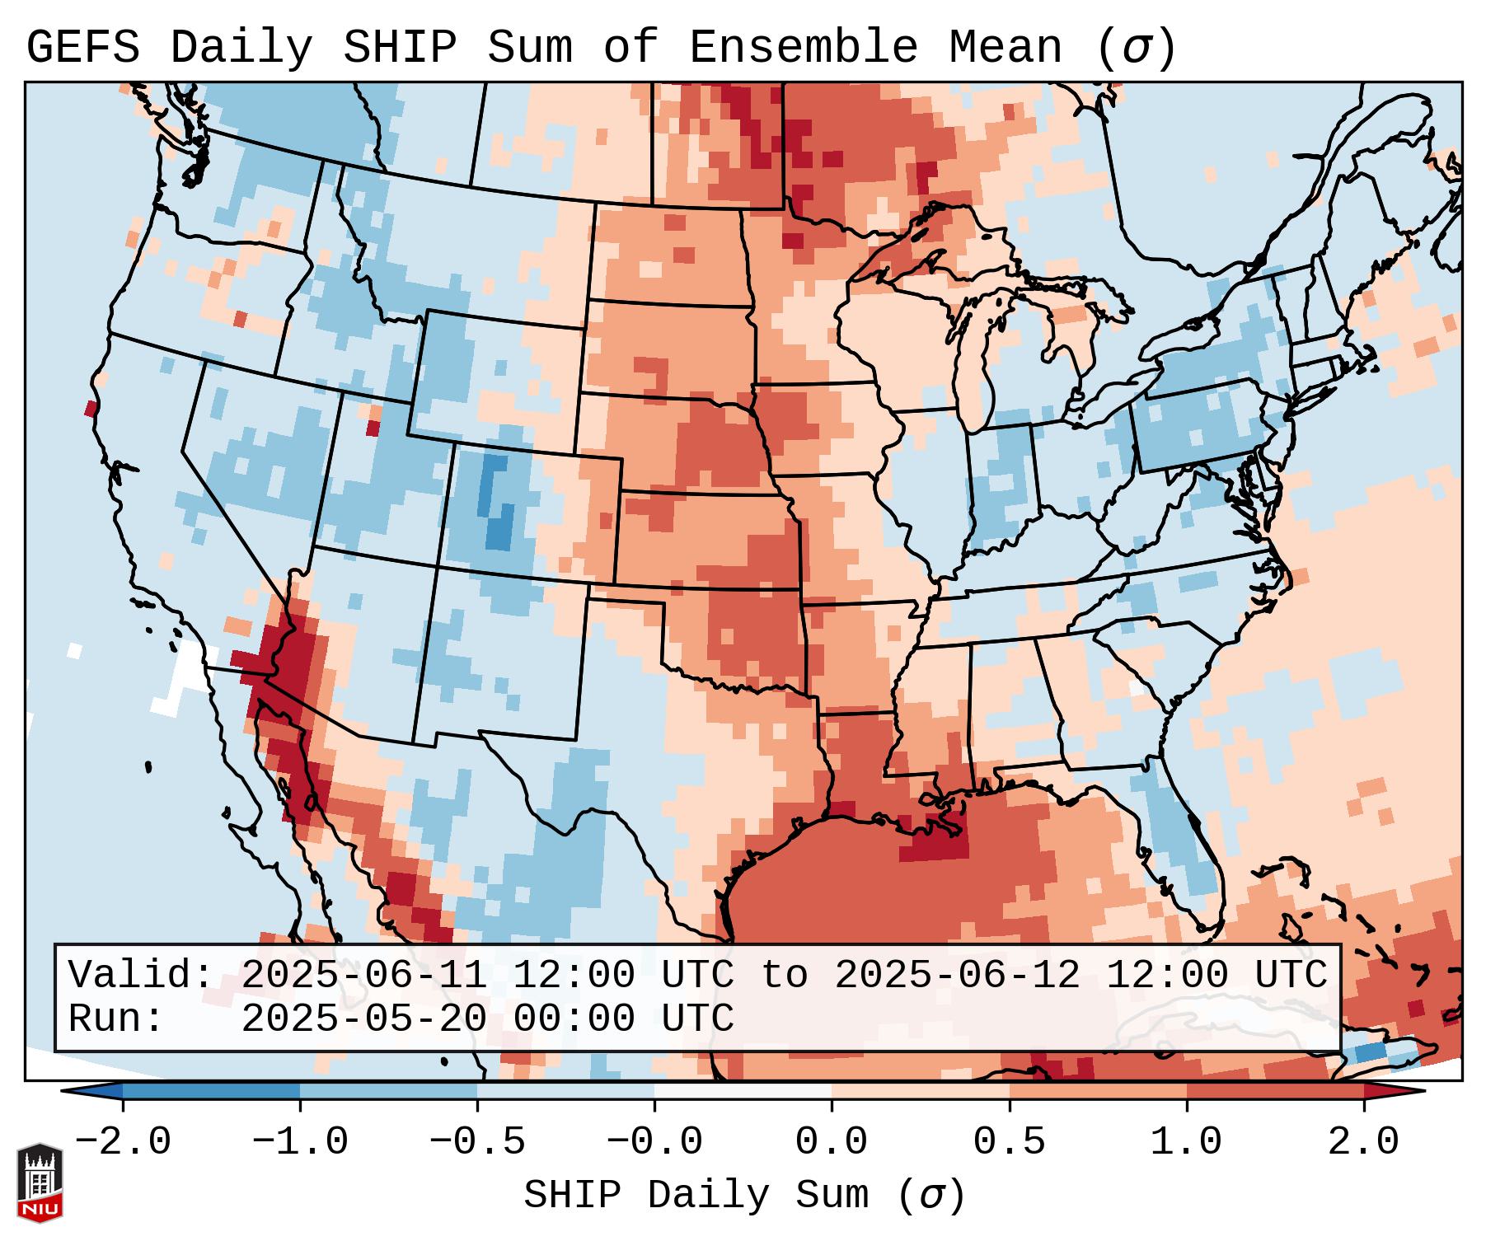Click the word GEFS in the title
[x=82, y=47]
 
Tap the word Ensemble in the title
[x=803, y=47]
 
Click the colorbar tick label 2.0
[x=1363, y=1142]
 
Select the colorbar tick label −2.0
[x=123, y=1142]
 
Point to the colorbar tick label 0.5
[x=1009, y=1142]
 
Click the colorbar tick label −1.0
[x=300, y=1142]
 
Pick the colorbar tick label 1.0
[x=1186, y=1142]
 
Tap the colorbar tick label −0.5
[x=477, y=1142]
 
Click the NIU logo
[x=40, y=1182]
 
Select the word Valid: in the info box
[x=141, y=975]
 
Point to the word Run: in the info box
[x=116, y=1019]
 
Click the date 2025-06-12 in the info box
[x=957, y=975]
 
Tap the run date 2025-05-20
[x=363, y=1019]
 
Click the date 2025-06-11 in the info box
[x=363, y=975]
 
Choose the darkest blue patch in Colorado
[x=499, y=527]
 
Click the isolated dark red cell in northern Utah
[x=373, y=428]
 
